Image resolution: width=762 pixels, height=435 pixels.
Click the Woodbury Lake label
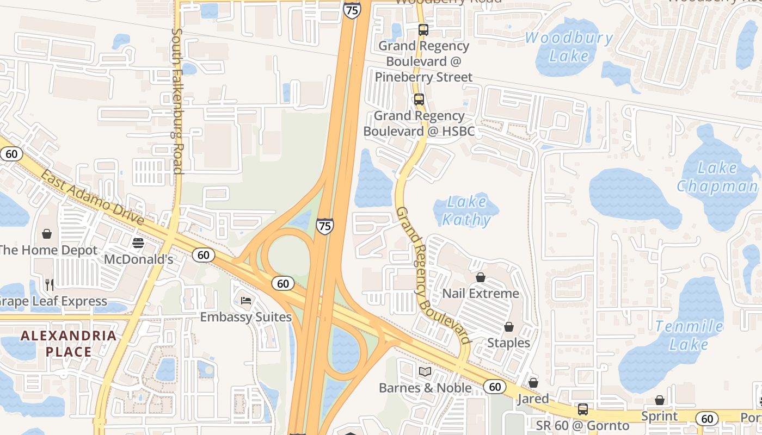pos(569,47)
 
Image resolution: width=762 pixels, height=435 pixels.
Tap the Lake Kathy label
pos(466,210)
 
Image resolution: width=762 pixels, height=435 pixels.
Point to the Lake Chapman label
pos(717,177)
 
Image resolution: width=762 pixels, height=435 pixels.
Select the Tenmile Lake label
pos(689,335)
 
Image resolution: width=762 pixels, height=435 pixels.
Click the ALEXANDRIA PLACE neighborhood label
pos(69,344)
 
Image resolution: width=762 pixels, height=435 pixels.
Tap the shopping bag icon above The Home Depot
pos(47,234)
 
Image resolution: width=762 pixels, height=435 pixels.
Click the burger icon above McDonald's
pos(138,243)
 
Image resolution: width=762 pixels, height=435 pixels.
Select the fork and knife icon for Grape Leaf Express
pos(50,284)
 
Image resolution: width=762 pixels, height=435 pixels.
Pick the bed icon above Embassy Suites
pos(246,300)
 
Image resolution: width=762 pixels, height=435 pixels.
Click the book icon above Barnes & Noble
pos(425,371)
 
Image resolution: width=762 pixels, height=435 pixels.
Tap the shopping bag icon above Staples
pos(508,327)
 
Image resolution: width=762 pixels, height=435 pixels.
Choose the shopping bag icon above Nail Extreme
pos(481,277)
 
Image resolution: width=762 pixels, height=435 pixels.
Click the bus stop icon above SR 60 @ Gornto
pos(583,409)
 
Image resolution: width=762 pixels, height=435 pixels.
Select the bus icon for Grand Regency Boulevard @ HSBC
pos(419,100)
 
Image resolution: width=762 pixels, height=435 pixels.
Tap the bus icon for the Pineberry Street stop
pos(423,30)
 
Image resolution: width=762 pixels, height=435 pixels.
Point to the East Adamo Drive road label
pos(93,198)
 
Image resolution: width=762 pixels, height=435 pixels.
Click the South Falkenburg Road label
pos(177,101)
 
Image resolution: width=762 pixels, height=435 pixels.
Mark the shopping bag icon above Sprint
pos(660,401)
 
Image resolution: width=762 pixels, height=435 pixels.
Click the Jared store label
pos(533,399)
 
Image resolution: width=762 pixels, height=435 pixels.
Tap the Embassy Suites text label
pos(246,316)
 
